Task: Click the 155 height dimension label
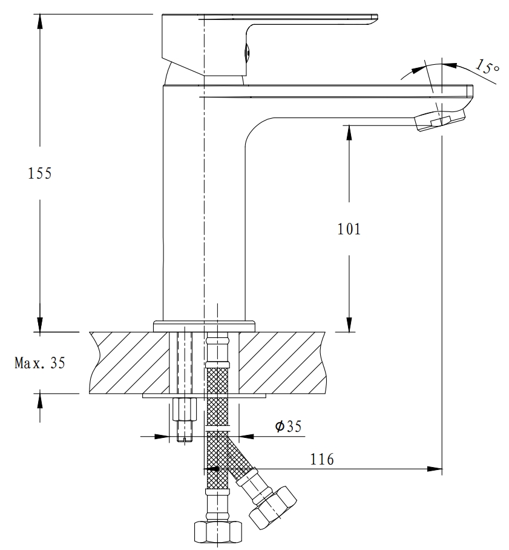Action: pyautogui.click(x=41, y=173)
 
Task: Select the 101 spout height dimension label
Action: pyautogui.click(x=349, y=229)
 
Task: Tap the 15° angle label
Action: pyautogui.click(x=487, y=67)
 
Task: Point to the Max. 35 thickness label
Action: pyautogui.click(x=39, y=363)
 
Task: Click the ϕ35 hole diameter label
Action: pyautogui.click(x=288, y=427)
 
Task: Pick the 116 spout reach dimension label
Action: pyautogui.click(x=322, y=460)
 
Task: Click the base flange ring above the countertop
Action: pyautogui.click(x=204, y=326)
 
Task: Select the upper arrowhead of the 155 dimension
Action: pyautogui.click(x=41, y=22)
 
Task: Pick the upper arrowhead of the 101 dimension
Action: pyautogui.click(x=349, y=133)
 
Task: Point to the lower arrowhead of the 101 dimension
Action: pyautogui.click(x=349, y=324)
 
